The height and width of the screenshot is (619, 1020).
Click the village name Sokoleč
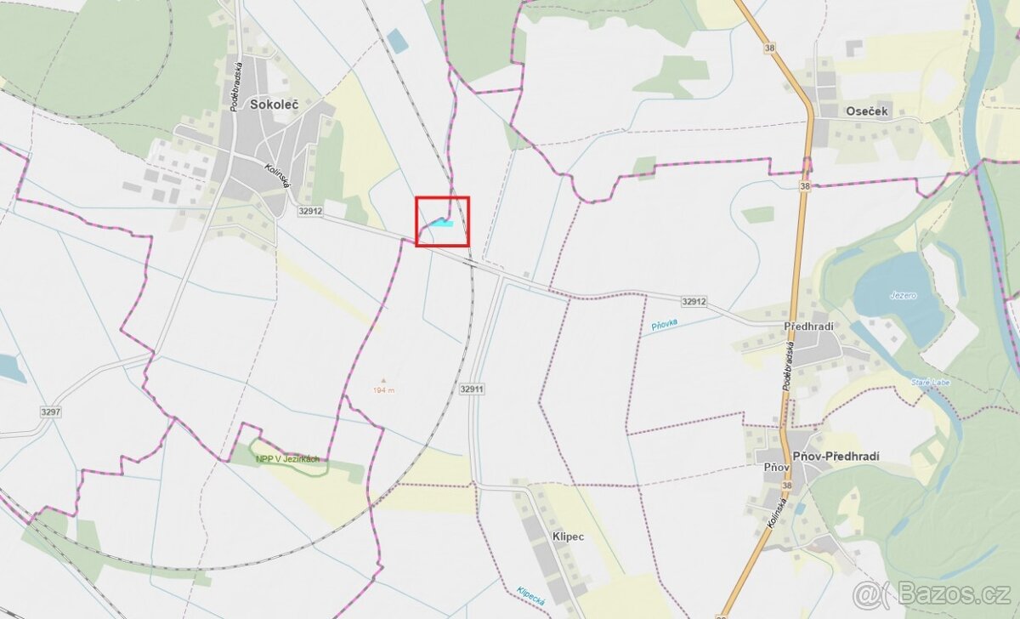point(270,105)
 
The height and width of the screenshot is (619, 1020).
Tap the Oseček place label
point(867,111)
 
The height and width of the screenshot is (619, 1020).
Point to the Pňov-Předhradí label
point(836,457)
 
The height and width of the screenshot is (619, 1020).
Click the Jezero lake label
point(904,295)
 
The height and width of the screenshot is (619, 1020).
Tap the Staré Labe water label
point(928,383)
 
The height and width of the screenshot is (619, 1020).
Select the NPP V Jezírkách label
point(287,459)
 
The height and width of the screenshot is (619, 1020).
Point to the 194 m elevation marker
point(383,389)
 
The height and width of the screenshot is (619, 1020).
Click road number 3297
point(50,412)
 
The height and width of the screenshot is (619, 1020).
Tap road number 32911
point(472,389)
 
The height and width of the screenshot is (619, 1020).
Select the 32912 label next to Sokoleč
point(310,211)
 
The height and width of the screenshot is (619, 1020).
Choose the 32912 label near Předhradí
point(694,301)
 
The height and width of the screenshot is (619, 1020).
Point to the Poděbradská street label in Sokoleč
point(236,85)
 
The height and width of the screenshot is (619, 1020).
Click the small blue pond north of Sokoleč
point(397,41)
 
